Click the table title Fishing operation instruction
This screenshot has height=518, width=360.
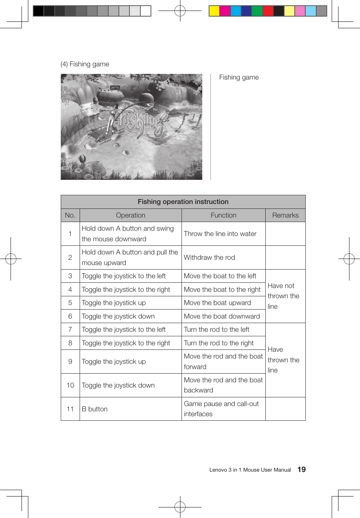tap(183, 202)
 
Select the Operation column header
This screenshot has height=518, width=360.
tap(131, 215)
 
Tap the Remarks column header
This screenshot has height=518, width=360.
tap(285, 215)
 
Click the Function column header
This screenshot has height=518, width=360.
tap(223, 215)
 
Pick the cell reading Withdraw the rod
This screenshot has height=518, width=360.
tap(209, 257)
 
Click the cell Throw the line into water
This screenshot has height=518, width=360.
tap(220, 234)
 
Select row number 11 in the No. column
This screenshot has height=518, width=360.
tap(70, 409)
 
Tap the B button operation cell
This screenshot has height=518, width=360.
tap(95, 409)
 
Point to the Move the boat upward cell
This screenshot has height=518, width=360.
tap(217, 303)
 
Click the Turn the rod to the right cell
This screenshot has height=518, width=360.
tap(219, 343)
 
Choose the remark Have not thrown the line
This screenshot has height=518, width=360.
tap(283, 296)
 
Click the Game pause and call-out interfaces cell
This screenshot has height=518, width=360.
tap(221, 409)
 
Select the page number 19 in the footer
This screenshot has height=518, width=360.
tap(302, 469)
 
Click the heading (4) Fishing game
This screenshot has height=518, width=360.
tap(85, 64)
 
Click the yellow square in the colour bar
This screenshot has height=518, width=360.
tap(214, 11)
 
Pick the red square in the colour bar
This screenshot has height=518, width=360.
tap(268, 11)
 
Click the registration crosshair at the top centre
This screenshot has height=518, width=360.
tap(180, 11)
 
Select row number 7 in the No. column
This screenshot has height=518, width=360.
tap(70, 329)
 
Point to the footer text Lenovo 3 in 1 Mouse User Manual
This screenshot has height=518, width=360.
tap(250, 470)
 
